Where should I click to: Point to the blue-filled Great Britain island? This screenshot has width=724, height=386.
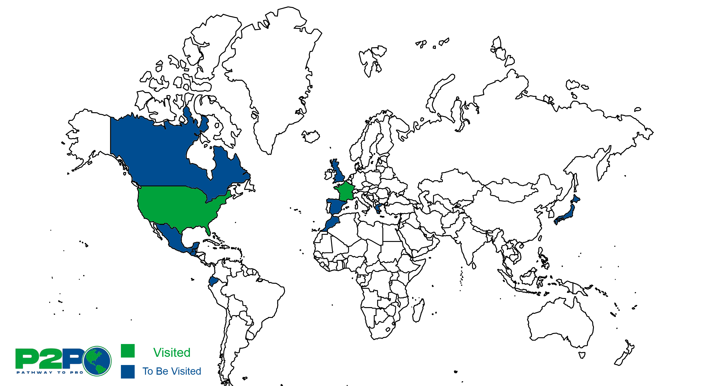[339, 173]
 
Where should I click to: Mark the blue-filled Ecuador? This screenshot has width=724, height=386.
[213, 281]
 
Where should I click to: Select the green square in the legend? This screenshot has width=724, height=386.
[128, 351]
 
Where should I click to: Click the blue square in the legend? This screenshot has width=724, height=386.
[128, 371]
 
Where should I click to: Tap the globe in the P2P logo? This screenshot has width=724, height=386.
[97, 361]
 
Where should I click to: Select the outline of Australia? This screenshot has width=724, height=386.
[559, 323]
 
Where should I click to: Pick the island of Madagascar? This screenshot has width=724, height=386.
[419, 310]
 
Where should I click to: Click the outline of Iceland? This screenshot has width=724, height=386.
[311, 136]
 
